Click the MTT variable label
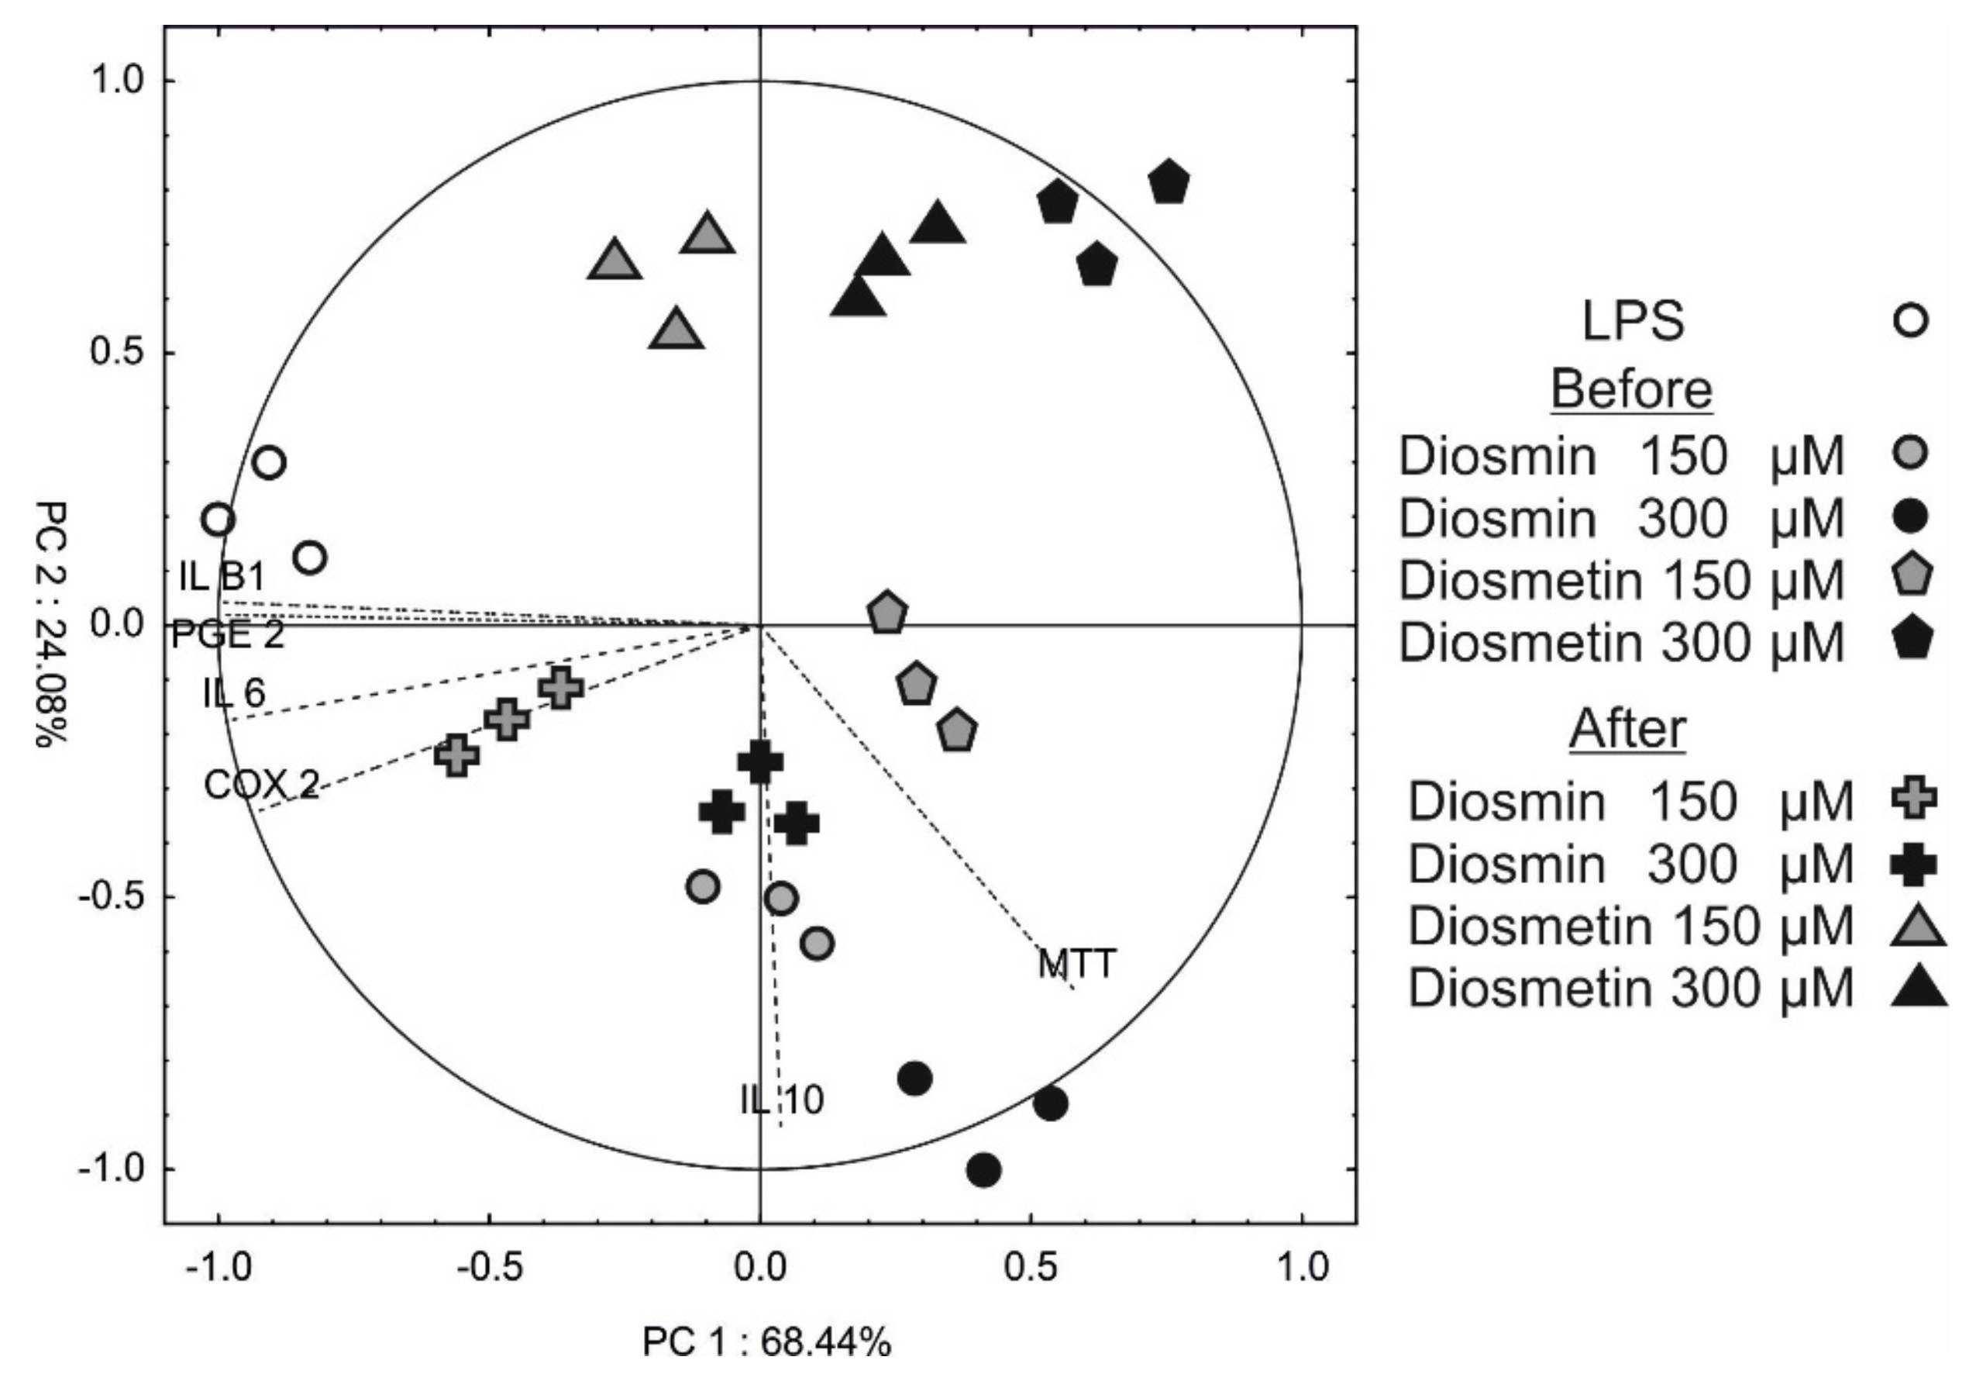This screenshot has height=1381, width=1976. [x=1076, y=963]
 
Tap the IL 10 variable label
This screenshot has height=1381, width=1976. [x=781, y=1100]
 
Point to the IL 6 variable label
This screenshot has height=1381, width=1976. [x=234, y=692]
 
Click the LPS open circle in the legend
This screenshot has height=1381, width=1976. [x=1911, y=321]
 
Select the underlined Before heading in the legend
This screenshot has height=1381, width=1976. [x=1631, y=389]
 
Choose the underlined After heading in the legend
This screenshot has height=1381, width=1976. [x=1627, y=729]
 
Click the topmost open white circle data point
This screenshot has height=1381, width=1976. [x=270, y=463]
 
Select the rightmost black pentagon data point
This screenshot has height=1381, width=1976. [x=1168, y=182]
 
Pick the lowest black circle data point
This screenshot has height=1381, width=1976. [x=983, y=1170]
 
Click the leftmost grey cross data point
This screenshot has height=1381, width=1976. [x=456, y=755]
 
